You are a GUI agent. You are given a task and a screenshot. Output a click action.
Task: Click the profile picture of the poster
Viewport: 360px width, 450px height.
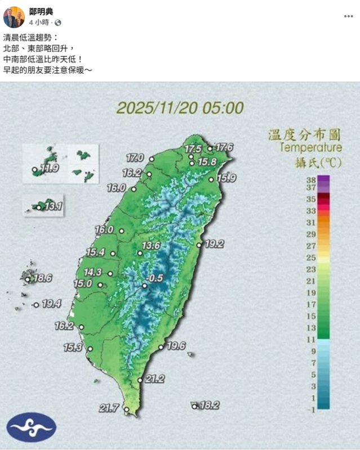pos(14,17)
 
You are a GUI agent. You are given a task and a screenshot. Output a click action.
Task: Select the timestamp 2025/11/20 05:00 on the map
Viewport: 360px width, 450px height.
pos(180,108)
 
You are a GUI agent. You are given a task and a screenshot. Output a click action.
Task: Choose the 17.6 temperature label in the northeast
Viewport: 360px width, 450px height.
pos(224,147)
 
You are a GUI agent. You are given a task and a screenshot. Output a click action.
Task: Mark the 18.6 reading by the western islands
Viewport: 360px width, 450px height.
pos(43,278)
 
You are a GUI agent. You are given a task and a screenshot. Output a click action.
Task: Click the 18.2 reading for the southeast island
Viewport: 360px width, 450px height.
pos(209,405)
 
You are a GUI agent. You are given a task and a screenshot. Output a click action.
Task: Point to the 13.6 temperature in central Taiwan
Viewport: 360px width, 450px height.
pos(151,246)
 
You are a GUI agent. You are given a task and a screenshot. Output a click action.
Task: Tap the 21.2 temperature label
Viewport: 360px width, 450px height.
pos(154,379)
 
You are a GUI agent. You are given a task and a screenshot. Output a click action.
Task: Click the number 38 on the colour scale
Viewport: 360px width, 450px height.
pos(310,180)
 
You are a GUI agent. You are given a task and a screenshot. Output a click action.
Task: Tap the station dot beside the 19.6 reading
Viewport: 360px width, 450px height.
pos(161,347)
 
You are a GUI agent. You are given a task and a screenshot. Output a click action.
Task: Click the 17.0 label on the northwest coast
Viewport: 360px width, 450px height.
pos(135,157)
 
